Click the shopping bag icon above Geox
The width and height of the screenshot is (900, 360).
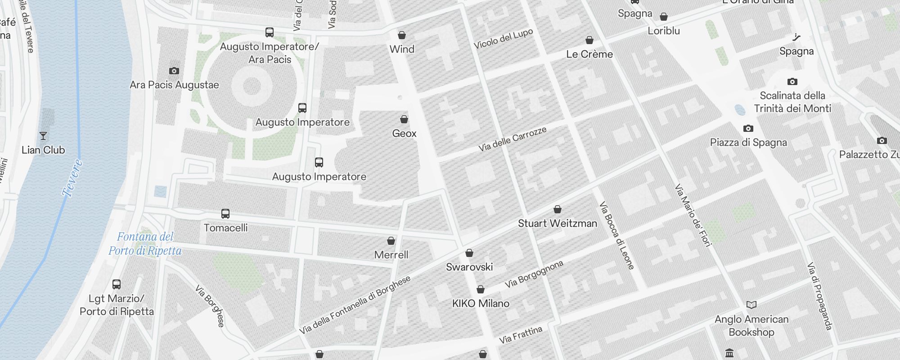(x=404, y=119)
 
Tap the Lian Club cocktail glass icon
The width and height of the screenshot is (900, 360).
(x=43, y=135)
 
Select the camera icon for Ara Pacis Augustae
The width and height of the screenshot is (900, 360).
(x=174, y=71)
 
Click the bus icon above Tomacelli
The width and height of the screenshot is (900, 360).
(x=225, y=213)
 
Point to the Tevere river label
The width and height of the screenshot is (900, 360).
(x=72, y=178)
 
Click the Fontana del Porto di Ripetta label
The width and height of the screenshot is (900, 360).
(x=145, y=243)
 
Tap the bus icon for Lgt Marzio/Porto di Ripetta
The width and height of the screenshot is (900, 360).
(x=117, y=284)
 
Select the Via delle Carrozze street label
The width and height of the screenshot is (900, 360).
(x=512, y=139)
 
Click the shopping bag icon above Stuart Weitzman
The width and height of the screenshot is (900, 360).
(x=558, y=209)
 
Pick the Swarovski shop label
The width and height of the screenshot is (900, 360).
(x=469, y=267)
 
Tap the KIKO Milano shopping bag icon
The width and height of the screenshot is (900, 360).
(x=481, y=289)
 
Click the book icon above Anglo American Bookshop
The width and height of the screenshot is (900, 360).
(x=751, y=305)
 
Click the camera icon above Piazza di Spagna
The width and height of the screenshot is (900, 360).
(x=748, y=128)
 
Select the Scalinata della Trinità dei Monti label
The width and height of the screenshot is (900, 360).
(x=792, y=102)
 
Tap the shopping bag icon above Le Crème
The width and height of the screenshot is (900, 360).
(x=589, y=40)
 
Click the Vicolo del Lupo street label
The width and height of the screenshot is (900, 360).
(x=503, y=39)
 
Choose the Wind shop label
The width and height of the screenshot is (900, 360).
(x=402, y=49)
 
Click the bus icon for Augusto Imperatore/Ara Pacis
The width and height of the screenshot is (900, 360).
(x=270, y=32)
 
